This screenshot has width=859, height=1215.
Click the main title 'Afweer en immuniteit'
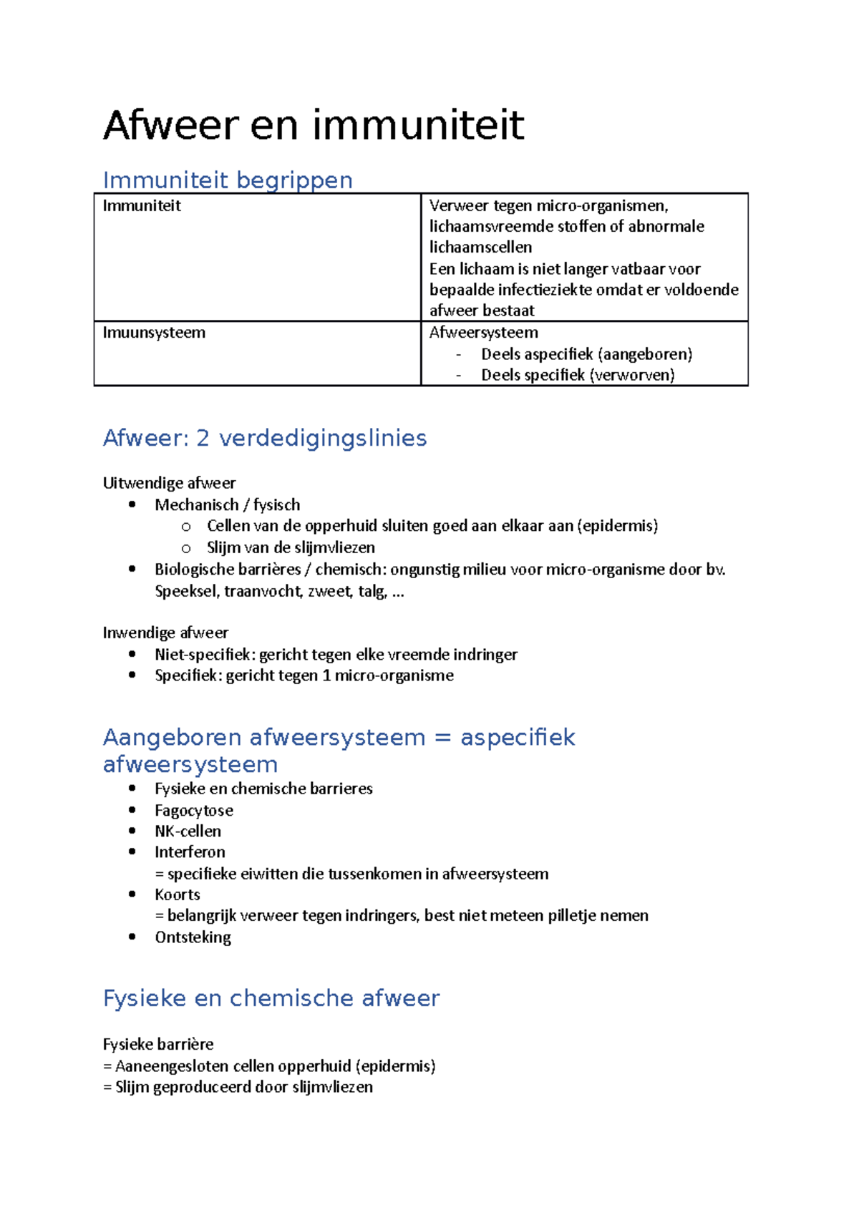(314, 126)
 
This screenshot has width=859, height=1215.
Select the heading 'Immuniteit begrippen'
(228, 180)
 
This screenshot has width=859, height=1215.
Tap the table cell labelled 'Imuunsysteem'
(154, 333)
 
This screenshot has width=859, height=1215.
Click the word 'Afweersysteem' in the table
(483, 333)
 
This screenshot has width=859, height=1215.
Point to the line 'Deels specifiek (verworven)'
(577, 375)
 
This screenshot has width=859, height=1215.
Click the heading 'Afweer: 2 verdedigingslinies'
(264, 438)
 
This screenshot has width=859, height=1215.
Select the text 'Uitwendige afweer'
(169, 483)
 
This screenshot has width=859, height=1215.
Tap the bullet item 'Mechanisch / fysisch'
(227, 505)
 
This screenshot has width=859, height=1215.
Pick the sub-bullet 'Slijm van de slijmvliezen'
(291, 547)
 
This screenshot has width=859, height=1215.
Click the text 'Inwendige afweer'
(165, 633)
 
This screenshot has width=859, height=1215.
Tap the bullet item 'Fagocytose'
(194, 811)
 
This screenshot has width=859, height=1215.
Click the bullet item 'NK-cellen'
(188, 831)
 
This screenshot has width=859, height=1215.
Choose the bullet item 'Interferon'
(190, 852)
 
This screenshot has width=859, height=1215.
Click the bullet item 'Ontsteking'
(193, 937)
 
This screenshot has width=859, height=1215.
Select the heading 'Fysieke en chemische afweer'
(271, 998)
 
